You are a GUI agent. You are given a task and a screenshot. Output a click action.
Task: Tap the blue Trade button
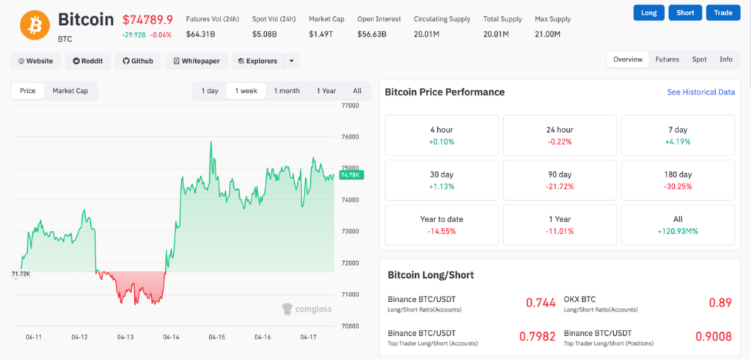724,12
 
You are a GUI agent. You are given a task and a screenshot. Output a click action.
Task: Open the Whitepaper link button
197,61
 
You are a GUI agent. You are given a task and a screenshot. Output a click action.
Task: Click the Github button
138,61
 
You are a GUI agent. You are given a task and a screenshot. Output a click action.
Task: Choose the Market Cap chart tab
70,91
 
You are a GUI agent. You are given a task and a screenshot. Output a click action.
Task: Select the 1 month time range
287,91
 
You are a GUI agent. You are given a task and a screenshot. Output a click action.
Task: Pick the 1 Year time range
326,91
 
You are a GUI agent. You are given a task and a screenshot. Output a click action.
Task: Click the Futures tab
667,59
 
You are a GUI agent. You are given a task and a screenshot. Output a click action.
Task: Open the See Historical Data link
700,92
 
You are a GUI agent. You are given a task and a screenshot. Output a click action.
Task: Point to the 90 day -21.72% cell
560,180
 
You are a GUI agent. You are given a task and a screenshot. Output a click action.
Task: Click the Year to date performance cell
442,225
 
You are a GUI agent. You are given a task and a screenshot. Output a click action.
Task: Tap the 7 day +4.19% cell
678,136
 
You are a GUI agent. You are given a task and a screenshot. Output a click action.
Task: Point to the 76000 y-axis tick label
351,137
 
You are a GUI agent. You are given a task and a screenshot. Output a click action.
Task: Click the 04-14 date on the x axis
171,337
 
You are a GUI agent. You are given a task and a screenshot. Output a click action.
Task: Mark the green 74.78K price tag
351,175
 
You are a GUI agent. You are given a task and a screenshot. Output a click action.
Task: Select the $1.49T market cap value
320,34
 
